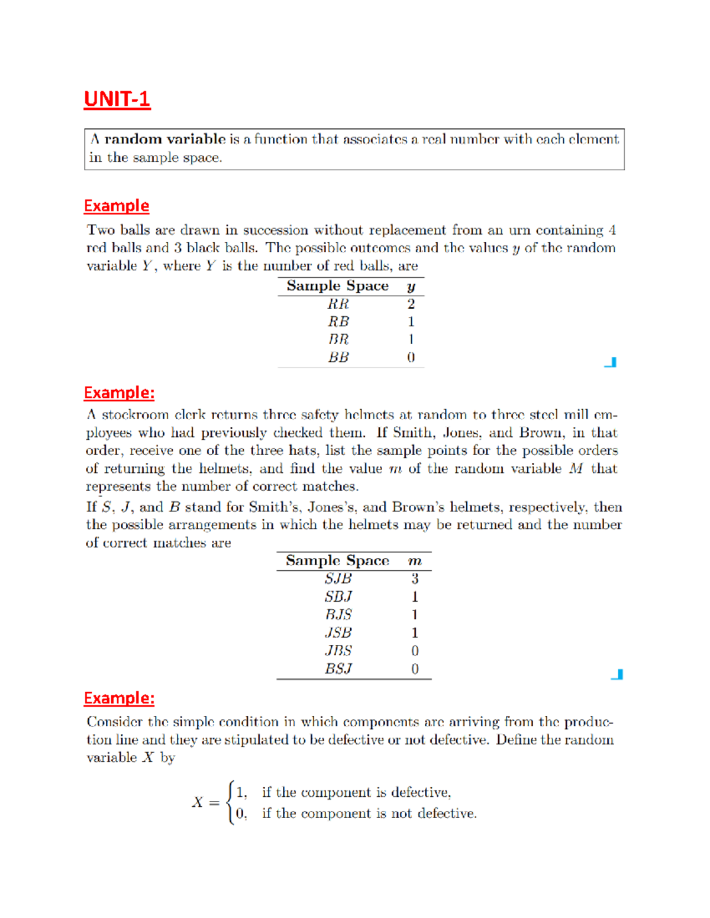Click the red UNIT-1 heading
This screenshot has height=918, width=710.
pos(117,99)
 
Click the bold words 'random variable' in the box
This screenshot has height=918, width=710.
pos(164,140)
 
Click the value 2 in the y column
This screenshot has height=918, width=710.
pos(411,304)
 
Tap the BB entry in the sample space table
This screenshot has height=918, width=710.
pos(338,358)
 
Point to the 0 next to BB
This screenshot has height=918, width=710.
pos(411,358)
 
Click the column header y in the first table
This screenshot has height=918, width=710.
pos(411,287)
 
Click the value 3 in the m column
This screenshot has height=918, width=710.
pos(415,579)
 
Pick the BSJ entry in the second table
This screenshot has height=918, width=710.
pos(338,669)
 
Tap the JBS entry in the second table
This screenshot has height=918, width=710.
pos(338,651)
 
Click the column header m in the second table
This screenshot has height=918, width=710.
pos(415,561)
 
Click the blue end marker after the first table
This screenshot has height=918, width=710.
pos(611,362)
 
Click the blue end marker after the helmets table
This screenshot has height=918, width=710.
pos(617,674)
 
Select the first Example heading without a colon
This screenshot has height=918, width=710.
pos(117,206)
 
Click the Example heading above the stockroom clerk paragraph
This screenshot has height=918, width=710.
pos(119,392)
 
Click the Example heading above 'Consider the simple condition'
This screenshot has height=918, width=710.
pos(119,698)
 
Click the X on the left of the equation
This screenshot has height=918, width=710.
pos(198,802)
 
